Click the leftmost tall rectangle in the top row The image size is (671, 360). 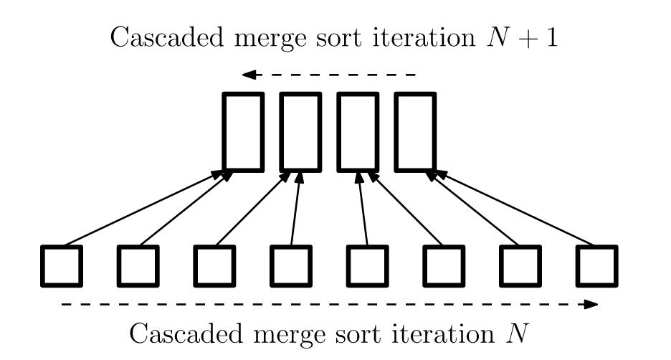[242, 132]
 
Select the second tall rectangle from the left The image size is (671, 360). [300, 132]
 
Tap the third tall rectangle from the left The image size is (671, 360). [357, 132]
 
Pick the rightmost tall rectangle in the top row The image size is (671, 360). [415, 132]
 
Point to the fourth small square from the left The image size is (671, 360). [291, 266]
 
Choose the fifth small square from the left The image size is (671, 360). [368, 266]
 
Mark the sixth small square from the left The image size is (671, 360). [444, 266]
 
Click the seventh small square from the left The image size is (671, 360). [520, 266]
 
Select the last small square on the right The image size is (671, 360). [596, 266]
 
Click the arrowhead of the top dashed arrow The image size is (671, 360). [248, 75]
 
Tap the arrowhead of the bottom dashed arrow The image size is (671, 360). [591, 304]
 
